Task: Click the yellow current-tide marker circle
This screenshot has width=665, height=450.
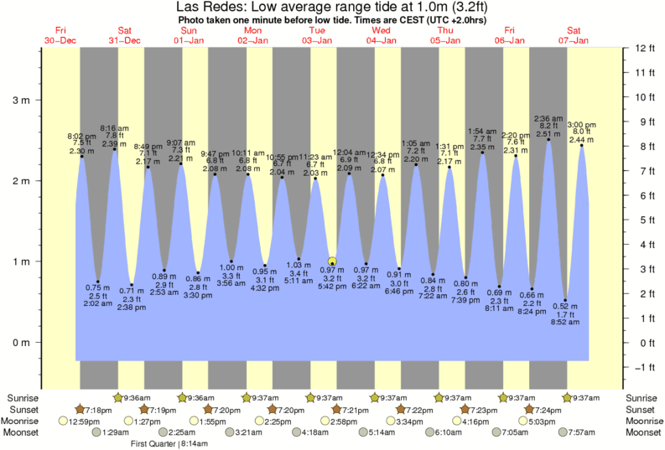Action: point(333,262)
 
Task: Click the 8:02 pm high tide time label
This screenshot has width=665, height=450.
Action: point(82,135)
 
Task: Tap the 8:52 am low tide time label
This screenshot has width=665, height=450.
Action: point(566,323)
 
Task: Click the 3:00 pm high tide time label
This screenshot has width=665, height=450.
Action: point(582,124)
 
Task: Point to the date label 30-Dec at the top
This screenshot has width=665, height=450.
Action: point(60,40)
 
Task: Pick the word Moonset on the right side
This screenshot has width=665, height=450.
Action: point(643,432)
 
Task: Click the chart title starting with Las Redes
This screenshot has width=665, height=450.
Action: point(333,8)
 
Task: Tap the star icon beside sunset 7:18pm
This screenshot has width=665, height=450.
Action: point(81,409)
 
